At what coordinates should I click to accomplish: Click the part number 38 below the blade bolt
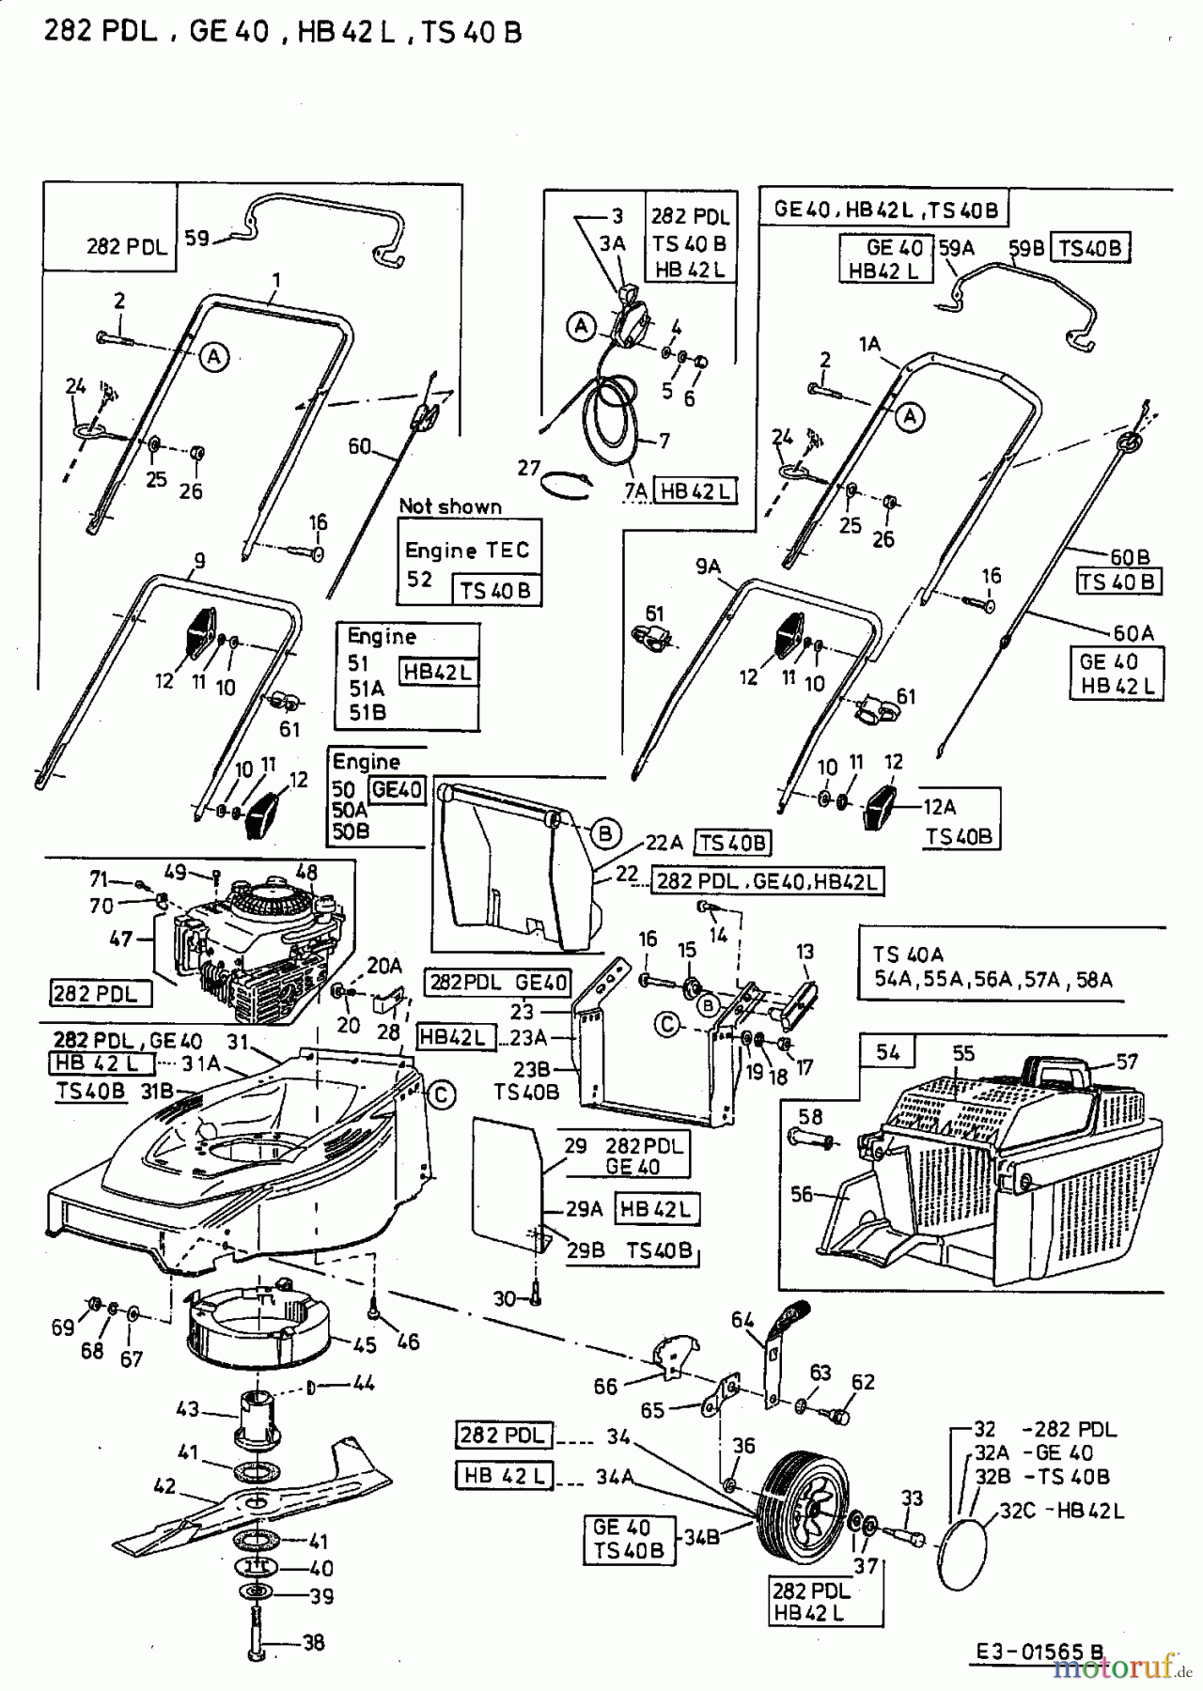coord(313,1643)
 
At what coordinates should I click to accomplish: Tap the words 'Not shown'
coord(450,506)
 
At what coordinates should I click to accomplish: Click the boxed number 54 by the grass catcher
coord(887,1053)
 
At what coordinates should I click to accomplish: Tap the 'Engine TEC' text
coord(467,551)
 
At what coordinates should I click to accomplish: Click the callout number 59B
coord(1026,248)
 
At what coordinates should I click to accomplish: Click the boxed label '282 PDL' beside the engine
coord(95,993)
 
